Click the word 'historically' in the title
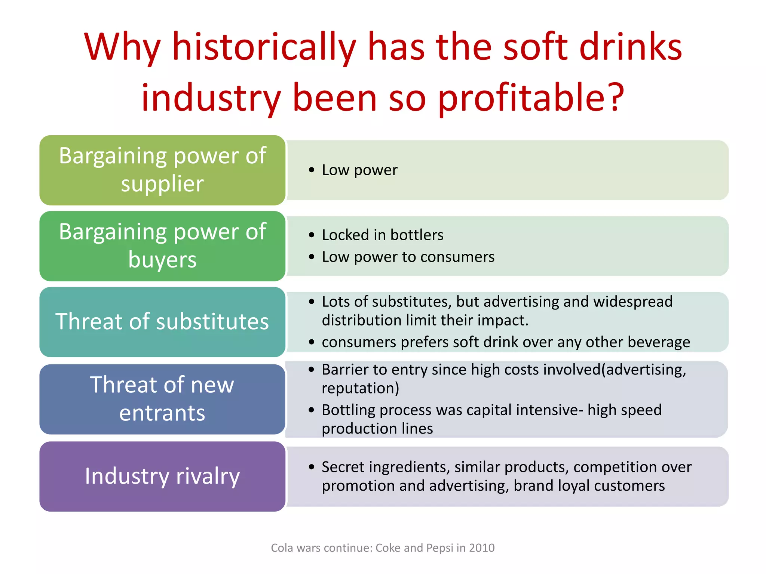click(x=264, y=47)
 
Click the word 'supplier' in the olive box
click(x=162, y=184)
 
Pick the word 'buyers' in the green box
click(x=162, y=260)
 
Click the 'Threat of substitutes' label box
click(x=162, y=322)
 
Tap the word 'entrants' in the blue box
click(x=162, y=413)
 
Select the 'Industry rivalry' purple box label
click(x=162, y=476)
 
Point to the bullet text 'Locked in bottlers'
click(x=383, y=235)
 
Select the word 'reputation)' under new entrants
click(x=361, y=388)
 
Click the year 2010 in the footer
click(x=482, y=548)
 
